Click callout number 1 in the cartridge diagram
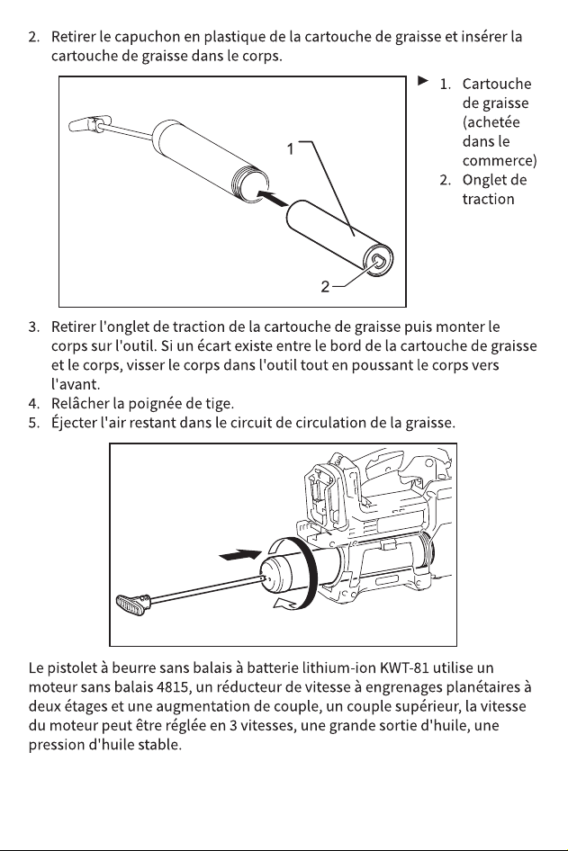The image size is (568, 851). click(291, 148)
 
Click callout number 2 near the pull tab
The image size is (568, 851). click(325, 287)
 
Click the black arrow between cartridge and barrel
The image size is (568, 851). click(272, 198)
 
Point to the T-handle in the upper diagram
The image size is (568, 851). click(89, 124)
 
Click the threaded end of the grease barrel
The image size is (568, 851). click(252, 184)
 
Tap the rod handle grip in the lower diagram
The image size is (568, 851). click(133, 604)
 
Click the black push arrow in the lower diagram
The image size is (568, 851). click(240, 555)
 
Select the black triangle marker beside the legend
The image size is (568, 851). click(423, 81)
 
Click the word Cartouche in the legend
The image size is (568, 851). click(497, 85)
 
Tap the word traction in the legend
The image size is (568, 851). click(488, 199)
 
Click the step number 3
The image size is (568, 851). click(33, 327)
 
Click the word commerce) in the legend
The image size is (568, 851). click(500, 161)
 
